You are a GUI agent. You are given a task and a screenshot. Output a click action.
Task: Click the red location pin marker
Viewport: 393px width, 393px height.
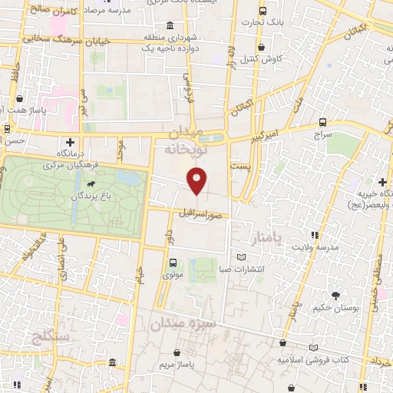[x=196, y=181]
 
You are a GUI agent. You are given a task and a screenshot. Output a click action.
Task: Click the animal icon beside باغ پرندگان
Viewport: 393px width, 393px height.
[x=92, y=185]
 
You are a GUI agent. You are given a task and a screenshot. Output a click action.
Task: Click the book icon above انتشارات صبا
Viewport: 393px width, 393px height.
[x=243, y=256]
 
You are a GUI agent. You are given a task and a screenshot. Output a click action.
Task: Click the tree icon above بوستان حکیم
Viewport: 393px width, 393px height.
[x=335, y=295]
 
